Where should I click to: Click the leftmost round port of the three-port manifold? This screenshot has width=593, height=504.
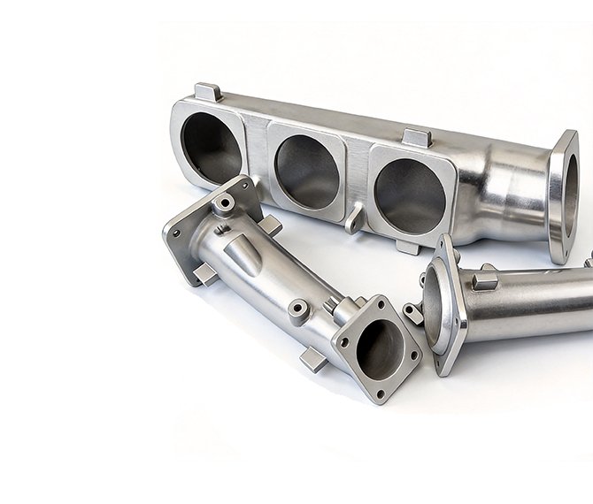coord(210,147)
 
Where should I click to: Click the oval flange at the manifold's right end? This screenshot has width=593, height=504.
coord(562,195)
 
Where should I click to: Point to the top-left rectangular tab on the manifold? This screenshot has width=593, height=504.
coord(207,92)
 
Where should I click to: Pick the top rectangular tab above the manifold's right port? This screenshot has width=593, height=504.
coord(417,139)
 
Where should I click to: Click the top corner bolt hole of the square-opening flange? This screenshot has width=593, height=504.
coord(382,306)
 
